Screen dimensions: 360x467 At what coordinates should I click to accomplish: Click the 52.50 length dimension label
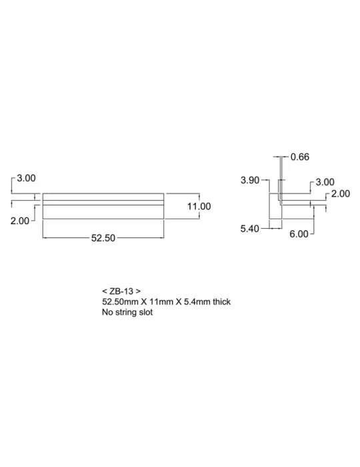103,238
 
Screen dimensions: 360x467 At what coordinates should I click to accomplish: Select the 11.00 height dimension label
199,206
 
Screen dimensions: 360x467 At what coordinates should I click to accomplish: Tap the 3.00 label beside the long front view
26,178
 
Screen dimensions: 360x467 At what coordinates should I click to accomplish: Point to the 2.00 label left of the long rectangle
20,221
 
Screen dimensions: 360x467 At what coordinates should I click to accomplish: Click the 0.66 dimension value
300,157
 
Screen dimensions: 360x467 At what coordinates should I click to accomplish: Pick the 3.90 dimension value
250,180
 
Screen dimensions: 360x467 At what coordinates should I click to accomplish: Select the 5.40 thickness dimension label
250,228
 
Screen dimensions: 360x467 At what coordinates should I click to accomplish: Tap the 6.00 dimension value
299,233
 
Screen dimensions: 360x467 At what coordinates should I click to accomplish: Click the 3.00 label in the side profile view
325,182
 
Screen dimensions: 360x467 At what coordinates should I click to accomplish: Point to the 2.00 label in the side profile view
341,193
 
